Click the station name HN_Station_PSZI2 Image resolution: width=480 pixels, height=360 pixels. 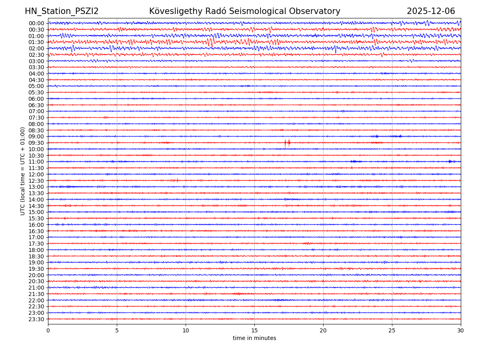(62, 11)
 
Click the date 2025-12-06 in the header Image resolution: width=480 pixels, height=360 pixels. (431, 11)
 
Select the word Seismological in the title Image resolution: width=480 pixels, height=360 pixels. (256, 11)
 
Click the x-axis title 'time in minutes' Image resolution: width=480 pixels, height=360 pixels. (254, 338)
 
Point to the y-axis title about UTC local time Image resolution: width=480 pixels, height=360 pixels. (23, 171)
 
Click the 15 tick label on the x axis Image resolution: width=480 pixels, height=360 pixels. (254, 331)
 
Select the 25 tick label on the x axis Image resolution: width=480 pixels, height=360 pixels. (392, 331)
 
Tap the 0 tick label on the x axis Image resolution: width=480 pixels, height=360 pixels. (48, 331)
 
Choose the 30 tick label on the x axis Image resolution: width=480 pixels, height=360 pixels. (461, 331)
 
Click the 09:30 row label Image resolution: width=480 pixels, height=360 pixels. (36, 143)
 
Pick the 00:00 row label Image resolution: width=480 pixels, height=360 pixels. (36, 23)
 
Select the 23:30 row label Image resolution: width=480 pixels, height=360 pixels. (36, 319)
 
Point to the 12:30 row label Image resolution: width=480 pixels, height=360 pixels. (36, 181)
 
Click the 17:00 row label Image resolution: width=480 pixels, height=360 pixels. (36, 237)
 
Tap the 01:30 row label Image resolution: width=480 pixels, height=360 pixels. (36, 42)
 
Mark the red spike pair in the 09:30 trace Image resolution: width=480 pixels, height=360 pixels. (287, 142)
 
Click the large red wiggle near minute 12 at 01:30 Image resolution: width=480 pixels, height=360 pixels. (210, 42)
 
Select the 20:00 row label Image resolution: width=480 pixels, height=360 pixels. (36, 275)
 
